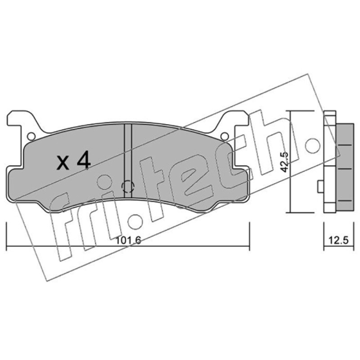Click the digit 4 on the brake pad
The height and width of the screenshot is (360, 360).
coord(84,161)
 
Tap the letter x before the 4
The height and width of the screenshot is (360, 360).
coord(63,163)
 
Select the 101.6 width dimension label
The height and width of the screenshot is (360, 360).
coord(128,240)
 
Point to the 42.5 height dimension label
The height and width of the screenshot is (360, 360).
coord(285,162)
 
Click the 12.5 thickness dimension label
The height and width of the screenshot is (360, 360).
coord(339,240)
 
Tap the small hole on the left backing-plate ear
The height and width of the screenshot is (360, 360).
coord(31,137)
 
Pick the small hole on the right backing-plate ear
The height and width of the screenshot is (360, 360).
coord(225,137)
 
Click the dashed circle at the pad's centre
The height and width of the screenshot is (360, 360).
coord(128,187)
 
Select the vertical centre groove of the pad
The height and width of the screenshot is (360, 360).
coord(128,161)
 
